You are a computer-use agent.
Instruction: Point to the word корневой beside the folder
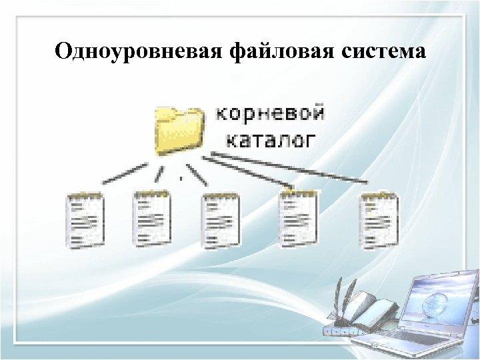tap(271, 113)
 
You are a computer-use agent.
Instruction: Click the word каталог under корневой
tap(269, 139)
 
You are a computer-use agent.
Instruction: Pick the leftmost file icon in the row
tap(85, 219)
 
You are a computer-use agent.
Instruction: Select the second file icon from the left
tap(152, 218)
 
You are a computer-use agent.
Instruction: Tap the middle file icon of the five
tap(220, 219)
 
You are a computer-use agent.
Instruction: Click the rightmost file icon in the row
tap(379, 219)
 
